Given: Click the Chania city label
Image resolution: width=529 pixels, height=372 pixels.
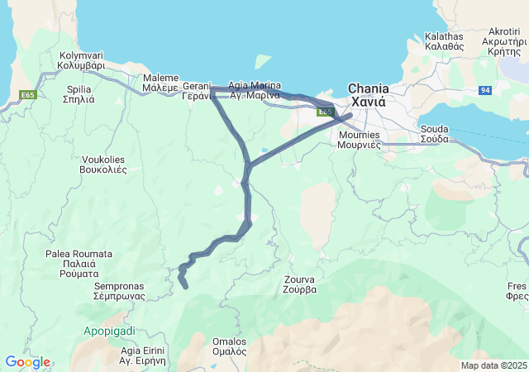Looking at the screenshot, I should click(x=368, y=95).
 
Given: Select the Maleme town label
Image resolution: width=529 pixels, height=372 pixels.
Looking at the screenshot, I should click(x=160, y=83).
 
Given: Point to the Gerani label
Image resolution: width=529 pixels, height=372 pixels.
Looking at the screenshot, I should click(x=198, y=90).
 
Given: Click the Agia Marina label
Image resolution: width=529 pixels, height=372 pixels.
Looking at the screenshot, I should click(x=254, y=90).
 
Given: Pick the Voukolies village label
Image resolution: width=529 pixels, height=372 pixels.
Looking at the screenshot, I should click(x=104, y=165).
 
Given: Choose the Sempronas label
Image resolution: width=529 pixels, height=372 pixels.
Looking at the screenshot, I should click(x=119, y=290).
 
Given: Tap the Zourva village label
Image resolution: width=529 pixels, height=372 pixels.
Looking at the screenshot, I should click(x=299, y=285).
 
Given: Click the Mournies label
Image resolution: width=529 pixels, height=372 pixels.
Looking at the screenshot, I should click(x=359, y=139).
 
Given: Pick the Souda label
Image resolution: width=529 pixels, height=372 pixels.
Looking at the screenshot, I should click(x=435, y=134).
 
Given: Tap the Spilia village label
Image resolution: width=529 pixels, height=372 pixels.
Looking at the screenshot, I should click(x=79, y=93).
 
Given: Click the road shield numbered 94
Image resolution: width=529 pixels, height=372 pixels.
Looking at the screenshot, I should click(x=484, y=88).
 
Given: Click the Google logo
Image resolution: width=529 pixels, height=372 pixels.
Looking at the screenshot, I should click(x=27, y=362).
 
